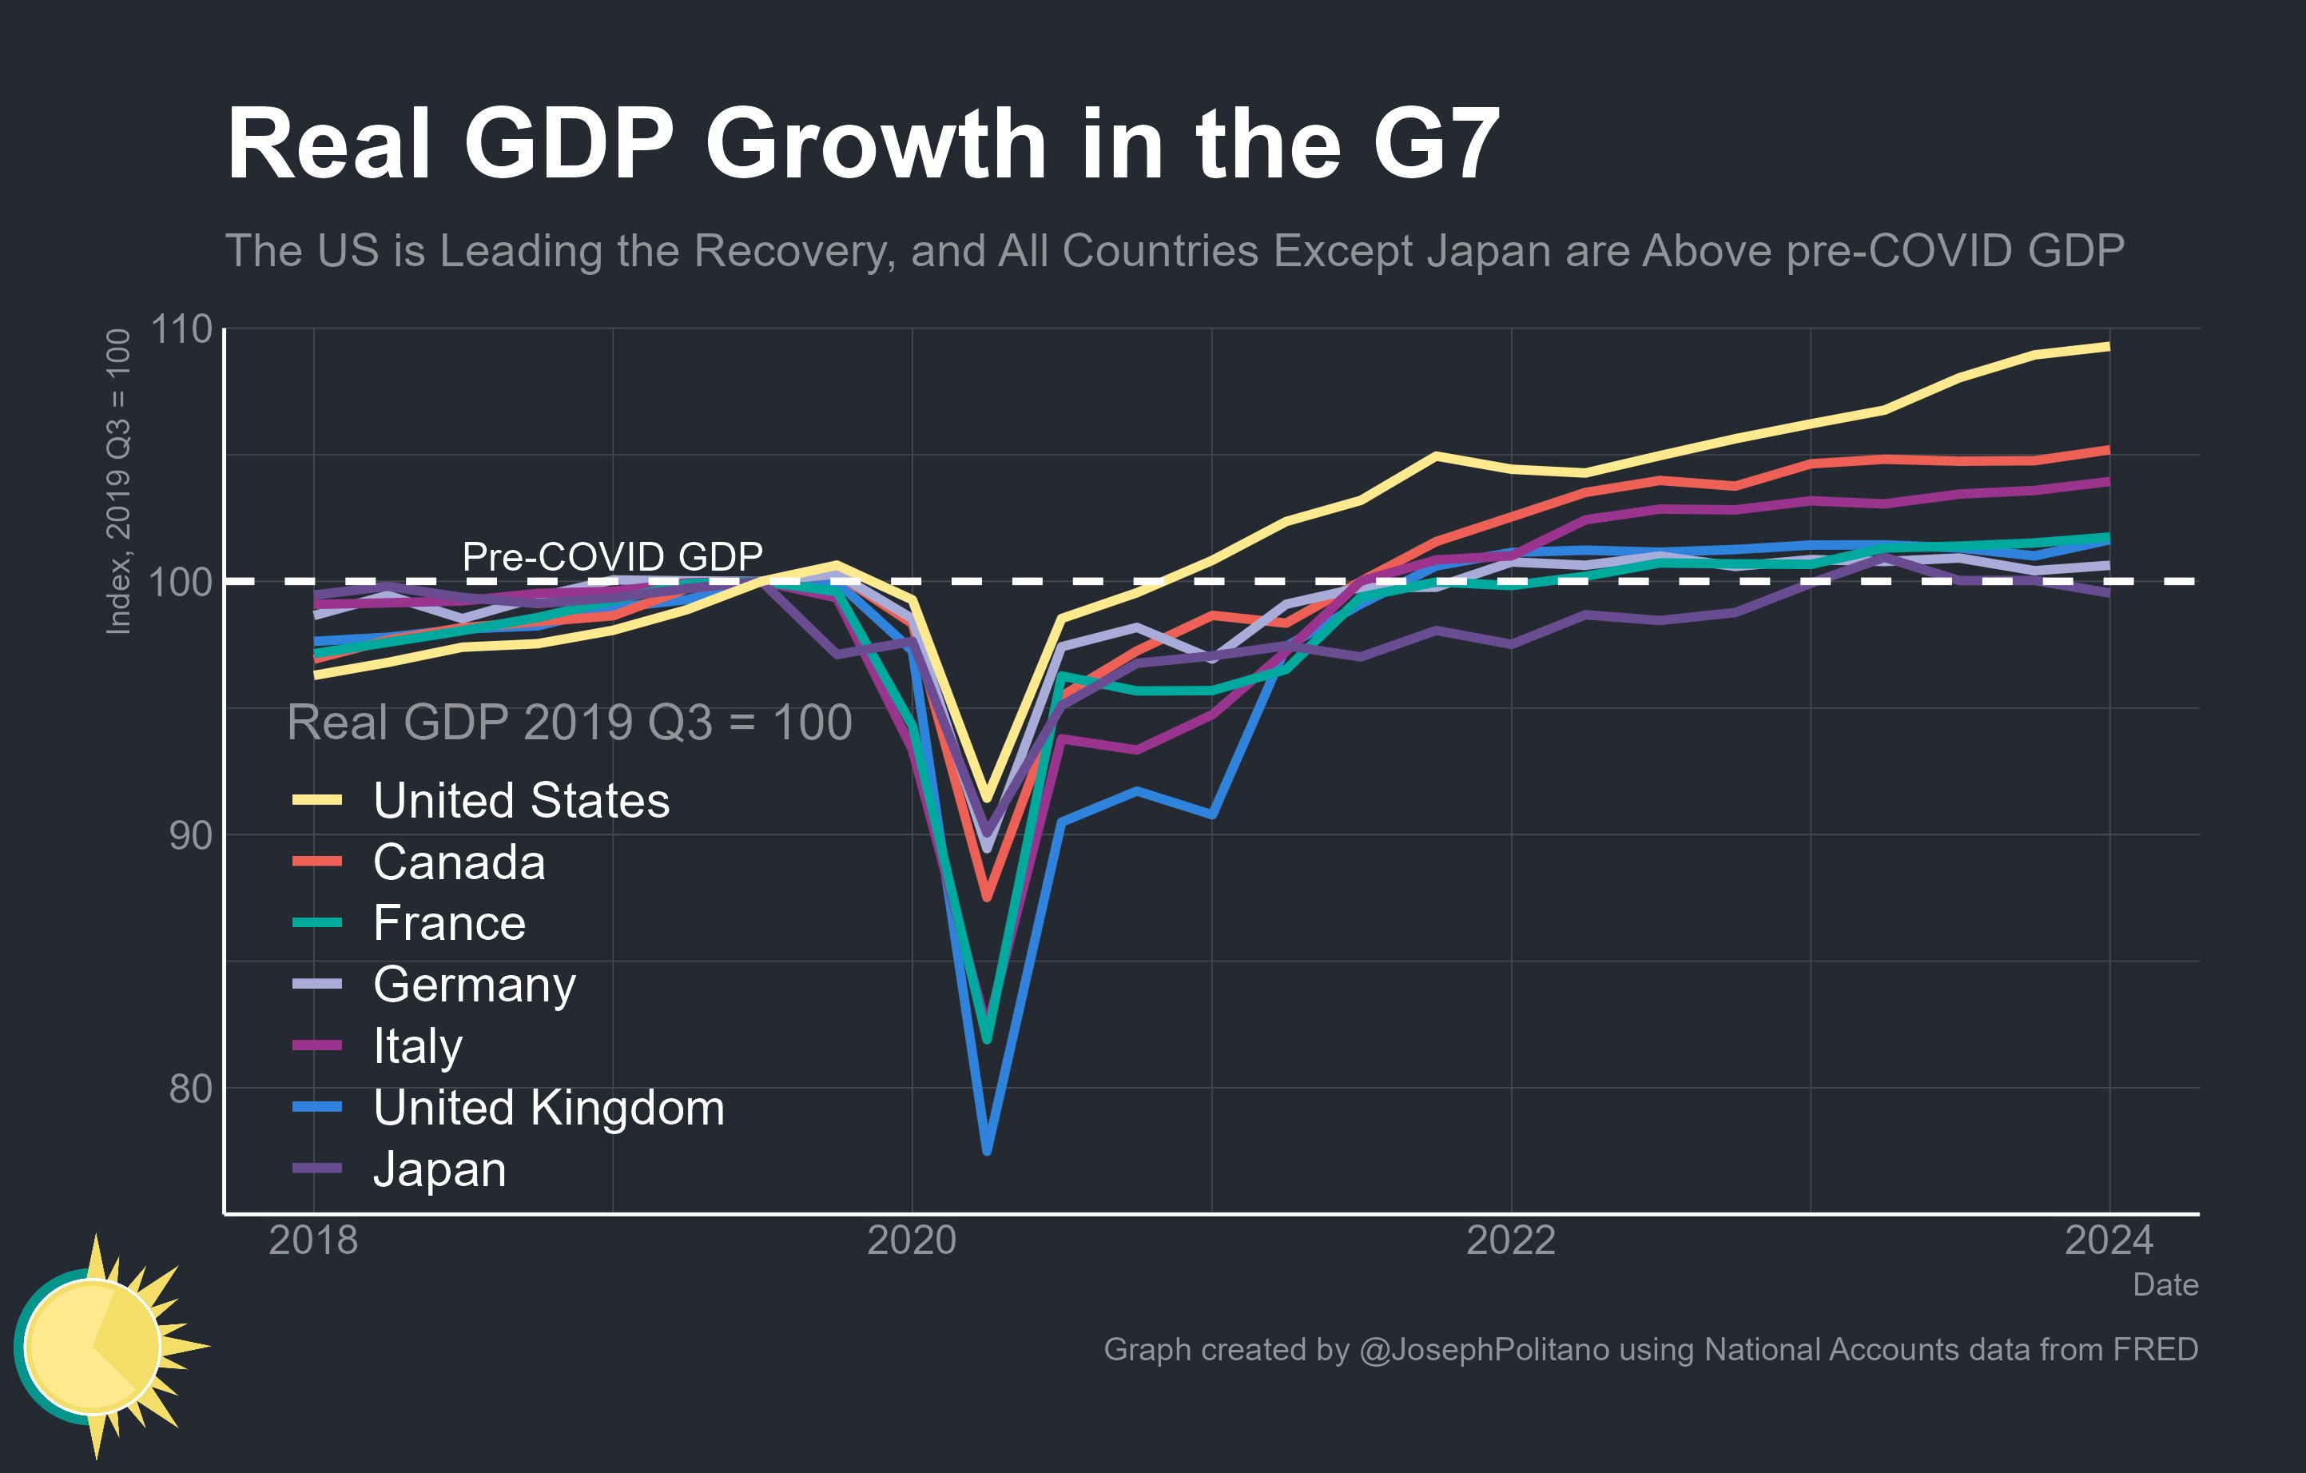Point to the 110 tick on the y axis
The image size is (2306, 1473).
pos(181,329)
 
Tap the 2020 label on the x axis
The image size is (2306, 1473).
pos(911,1240)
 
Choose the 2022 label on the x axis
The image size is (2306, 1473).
pos(1510,1240)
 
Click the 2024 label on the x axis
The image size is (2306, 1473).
pos(2108,1240)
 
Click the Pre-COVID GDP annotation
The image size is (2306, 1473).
pos(612,556)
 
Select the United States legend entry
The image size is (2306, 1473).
pos(521,801)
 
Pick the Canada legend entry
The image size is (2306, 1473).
pos(459,862)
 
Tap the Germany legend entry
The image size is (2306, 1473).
pos(474,985)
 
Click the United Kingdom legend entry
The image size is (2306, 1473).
pos(548,1108)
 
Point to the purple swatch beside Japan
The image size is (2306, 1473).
pos(317,1168)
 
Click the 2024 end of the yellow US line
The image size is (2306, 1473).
pos(2107,347)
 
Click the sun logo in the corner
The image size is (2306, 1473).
pos(96,1346)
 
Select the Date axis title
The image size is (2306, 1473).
pos(2165,1284)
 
